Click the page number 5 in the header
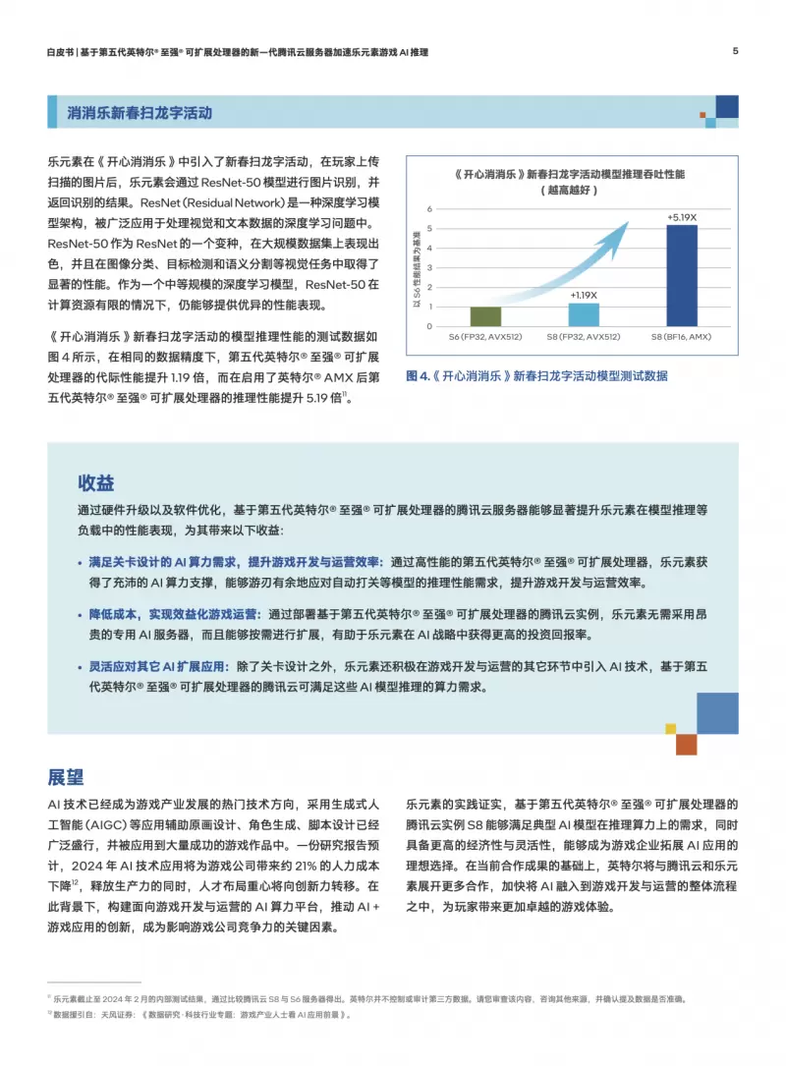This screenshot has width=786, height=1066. tap(735, 51)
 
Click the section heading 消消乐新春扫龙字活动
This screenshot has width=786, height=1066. tap(140, 113)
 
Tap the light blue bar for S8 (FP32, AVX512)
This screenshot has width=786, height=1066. tap(584, 314)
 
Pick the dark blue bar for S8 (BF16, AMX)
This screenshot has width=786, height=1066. tap(682, 276)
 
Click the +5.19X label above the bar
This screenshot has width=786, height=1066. tap(682, 217)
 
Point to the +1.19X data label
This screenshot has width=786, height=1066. tap(584, 295)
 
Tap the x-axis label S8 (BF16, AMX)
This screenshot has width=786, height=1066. tap(682, 337)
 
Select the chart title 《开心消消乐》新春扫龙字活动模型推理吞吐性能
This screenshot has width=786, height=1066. tap(571, 173)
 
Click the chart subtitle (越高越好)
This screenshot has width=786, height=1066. tap(571, 192)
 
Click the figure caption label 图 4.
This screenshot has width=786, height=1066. tap(419, 375)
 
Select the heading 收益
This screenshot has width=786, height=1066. tap(96, 482)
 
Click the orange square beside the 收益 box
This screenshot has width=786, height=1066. tap(686, 745)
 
